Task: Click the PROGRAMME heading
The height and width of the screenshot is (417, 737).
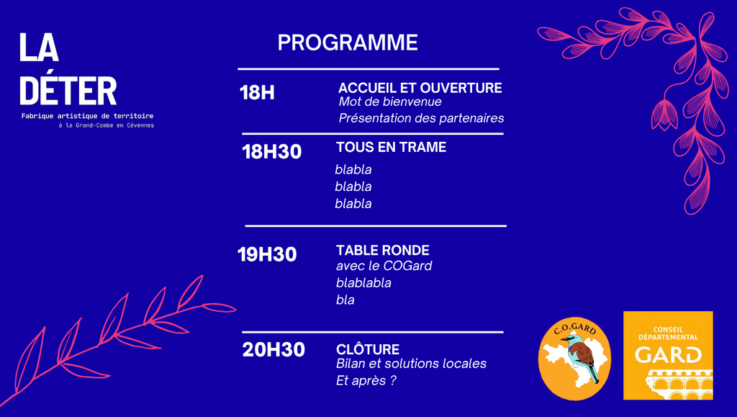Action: pos(348,42)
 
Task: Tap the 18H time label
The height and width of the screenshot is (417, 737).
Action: pos(257,93)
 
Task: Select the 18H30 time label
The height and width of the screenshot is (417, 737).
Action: pos(271,152)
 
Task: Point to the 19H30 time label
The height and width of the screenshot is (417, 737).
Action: pos(267,254)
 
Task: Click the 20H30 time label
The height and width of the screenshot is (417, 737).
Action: pos(273,349)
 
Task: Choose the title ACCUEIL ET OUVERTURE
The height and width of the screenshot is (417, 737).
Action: pos(420,88)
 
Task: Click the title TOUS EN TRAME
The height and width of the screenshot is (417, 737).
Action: pos(391,147)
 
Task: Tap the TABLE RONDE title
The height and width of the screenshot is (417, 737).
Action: pos(383,250)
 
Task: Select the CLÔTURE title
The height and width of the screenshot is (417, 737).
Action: pos(368,349)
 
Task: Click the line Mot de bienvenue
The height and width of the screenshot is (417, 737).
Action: pos(390,102)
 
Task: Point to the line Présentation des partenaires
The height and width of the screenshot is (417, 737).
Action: pos(421,118)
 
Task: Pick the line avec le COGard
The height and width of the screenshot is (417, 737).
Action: pos(384,266)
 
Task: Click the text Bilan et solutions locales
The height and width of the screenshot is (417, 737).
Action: pos(411,364)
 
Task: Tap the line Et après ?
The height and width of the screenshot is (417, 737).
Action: pos(366,380)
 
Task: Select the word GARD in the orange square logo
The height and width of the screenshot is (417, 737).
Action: pos(668,355)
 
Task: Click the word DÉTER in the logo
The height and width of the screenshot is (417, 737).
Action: pos(68,91)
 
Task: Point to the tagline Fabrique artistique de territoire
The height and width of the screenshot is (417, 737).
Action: pos(87,116)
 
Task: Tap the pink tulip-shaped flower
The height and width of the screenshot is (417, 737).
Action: pos(664,115)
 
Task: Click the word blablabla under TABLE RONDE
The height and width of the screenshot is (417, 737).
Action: pos(363,282)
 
